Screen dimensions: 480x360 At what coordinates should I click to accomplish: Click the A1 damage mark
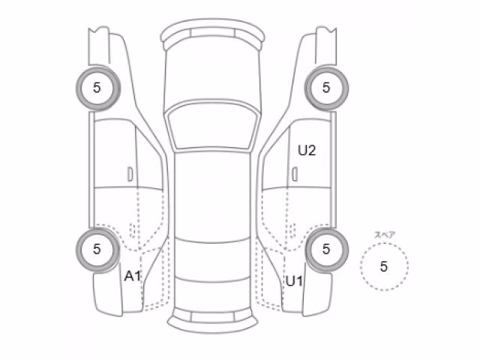click(132, 276)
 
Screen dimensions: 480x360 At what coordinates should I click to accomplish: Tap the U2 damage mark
click(307, 150)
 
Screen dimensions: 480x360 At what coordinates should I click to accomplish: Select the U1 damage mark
click(294, 281)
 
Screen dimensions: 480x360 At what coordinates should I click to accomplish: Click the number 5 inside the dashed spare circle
click(384, 266)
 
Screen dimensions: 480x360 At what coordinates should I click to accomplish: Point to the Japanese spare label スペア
click(385, 235)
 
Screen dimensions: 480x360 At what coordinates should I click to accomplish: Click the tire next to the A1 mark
click(98, 250)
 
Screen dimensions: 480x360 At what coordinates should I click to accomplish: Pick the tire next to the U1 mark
click(326, 250)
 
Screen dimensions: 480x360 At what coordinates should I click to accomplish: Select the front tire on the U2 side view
click(326, 88)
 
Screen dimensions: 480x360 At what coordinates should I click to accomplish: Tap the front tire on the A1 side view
click(98, 88)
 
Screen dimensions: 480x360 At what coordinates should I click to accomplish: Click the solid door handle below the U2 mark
click(295, 174)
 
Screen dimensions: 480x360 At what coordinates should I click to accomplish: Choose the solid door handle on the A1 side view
click(130, 174)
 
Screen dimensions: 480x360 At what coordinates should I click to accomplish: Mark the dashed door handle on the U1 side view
click(292, 230)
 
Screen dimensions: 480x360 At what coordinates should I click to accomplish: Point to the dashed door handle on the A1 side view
click(133, 230)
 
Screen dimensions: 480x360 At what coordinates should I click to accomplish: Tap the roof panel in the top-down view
click(212, 196)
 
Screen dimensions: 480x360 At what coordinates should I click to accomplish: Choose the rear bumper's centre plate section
click(212, 316)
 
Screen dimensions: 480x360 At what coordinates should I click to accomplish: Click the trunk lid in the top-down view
click(212, 294)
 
